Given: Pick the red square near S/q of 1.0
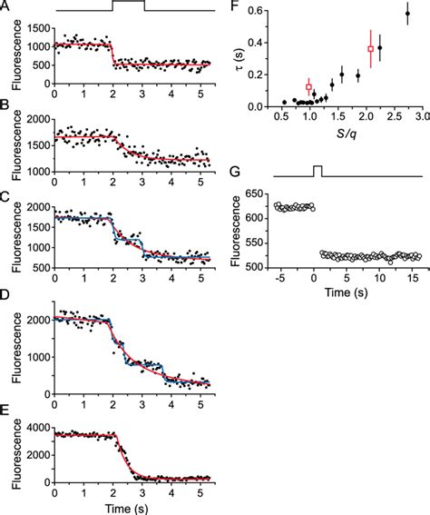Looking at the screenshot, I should click(x=309, y=87).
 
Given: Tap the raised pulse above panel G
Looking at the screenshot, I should click(x=318, y=170).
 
